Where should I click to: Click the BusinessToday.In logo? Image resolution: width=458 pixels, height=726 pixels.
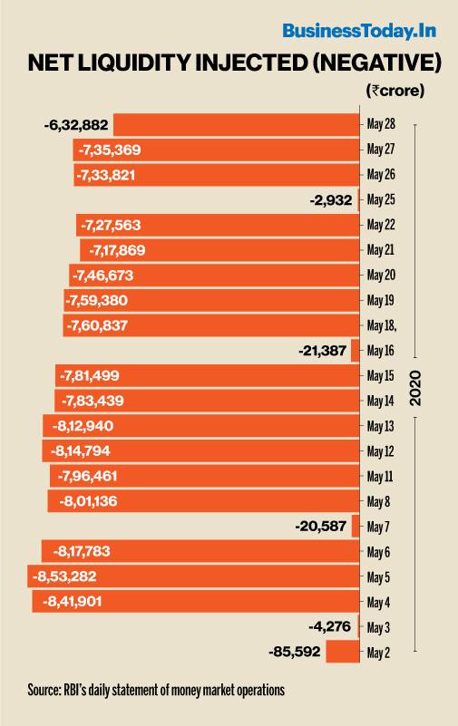click(x=359, y=32)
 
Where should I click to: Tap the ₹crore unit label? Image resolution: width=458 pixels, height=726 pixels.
click(x=395, y=90)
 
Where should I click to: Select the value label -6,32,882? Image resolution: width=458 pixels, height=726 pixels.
click(x=76, y=124)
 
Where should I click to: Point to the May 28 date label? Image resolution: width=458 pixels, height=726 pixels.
click(x=381, y=124)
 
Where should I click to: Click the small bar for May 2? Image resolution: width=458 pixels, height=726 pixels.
click(x=343, y=652)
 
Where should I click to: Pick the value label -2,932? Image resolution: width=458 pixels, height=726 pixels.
click(x=331, y=200)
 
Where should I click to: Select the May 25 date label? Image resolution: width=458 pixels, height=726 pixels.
click(x=381, y=199)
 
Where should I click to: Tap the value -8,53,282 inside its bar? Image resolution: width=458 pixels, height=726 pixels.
click(x=64, y=576)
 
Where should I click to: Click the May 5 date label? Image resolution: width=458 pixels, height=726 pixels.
click(x=378, y=577)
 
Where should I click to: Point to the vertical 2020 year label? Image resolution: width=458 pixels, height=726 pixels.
click(x=415, y=388)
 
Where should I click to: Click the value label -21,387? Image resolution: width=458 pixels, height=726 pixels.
click(x=322, y=351)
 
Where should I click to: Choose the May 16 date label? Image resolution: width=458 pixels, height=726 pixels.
click(x=381, y=351)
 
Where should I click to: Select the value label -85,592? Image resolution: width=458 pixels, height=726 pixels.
click(x=295, y=652)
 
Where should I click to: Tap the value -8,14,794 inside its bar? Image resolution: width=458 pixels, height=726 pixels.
click(x=80, y=451)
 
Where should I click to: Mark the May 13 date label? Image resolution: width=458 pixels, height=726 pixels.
click(x=381, y=426)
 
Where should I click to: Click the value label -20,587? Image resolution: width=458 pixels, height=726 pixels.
click(x=321, y=527)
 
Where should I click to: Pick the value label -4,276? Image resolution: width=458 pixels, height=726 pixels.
click(x=330, y=627)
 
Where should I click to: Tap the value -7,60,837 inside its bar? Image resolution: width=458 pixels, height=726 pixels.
click(x=97, y=325)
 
